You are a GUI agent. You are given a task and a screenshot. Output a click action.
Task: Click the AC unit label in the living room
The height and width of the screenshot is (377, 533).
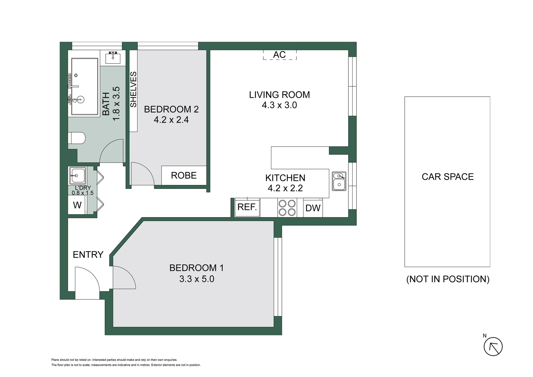pyautogui.click(x=279, y=55)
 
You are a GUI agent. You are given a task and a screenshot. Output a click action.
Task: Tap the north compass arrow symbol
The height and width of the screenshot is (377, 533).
pyautogui.click(x=493, y=347)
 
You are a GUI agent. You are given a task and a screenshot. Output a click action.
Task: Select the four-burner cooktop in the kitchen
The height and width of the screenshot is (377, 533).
pyautogui.click(x=287, y=208)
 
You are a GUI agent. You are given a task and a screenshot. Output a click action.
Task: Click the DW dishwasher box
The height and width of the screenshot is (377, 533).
pyautogui.click(x=313, y=208)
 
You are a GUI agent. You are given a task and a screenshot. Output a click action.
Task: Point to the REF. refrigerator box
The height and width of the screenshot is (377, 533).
pyautogui.click(x=247, y=207)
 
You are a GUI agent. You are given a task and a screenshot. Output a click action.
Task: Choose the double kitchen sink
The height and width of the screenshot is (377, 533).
pyautogui.click(x=339, y=181)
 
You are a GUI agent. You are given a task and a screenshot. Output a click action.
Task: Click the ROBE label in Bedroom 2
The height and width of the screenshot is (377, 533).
pyautogui.click(x=184, y=175)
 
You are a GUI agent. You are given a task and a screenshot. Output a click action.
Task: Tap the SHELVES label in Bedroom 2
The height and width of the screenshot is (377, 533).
pyautogui.click(x=133, y=90)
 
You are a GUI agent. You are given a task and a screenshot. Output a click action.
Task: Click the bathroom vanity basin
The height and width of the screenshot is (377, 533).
pyautogui.click(x=113, y=57)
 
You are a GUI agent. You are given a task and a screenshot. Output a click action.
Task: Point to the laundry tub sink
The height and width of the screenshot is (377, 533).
pyautogui.click(x=77, y=176)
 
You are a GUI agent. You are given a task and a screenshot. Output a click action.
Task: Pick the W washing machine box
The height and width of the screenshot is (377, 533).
pyautogui.click(x=77, y=205)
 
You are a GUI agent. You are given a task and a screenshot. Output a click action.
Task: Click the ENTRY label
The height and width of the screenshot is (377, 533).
pyautogui.click(x=88, y=255)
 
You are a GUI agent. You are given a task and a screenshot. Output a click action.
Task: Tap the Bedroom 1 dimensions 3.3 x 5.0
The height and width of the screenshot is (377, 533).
pyautogui.click(x=197, y=279)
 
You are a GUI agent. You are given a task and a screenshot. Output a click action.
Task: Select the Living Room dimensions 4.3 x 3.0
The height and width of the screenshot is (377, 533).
pyautogui.click(x=279, y=105)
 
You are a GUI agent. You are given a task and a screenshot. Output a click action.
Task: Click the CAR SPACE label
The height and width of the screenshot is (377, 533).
pyautogui.click(x=448, y=177)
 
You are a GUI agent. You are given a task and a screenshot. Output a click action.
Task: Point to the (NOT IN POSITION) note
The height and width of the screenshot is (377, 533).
pyautogui.click(x=448, y=279)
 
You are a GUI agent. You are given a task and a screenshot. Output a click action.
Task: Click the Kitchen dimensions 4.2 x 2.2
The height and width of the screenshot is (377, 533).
pyautogui.click(x=285, y=188)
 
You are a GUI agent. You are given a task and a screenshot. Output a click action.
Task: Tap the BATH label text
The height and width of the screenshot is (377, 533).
pyautogui.click(x=106, y=104)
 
